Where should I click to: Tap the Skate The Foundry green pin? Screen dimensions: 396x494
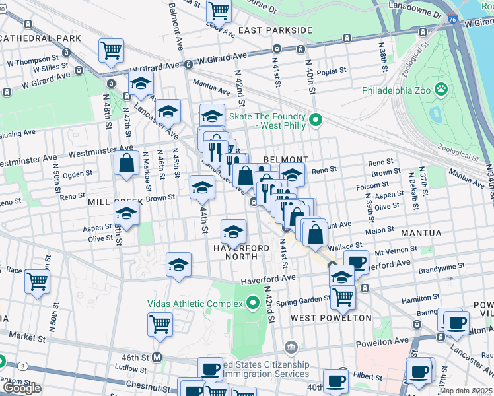pos(316,120)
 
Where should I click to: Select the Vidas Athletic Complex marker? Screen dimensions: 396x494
pos(252,304)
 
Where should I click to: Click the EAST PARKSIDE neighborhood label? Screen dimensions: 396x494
pos(275,30)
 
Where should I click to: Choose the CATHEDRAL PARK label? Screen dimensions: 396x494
pos(40,38)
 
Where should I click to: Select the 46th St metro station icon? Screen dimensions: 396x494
pos(157,357)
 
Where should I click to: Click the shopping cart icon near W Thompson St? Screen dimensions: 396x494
pos(112,49)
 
